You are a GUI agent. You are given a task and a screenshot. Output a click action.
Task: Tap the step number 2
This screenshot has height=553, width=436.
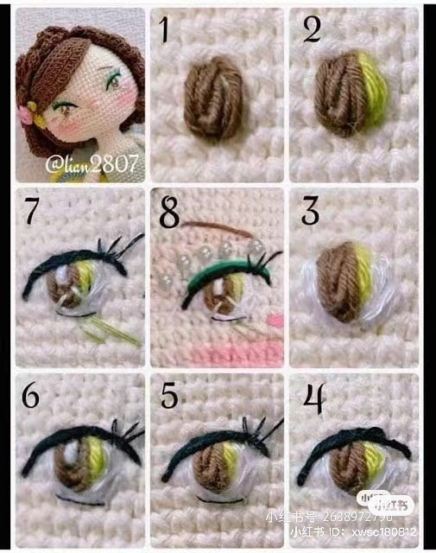(x=311, y=30)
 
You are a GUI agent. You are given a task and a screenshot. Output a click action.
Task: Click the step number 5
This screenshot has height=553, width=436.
(x=171, y=396)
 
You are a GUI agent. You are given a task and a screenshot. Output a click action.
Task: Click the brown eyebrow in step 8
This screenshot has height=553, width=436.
(x=212, y=226)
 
